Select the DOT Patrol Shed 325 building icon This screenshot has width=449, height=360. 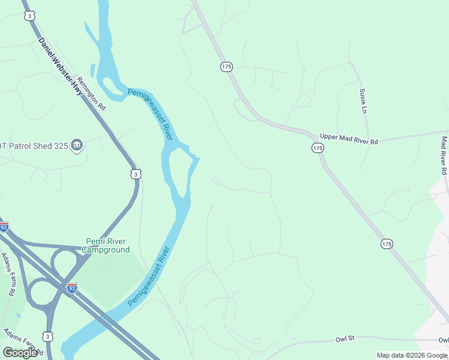point(77,145)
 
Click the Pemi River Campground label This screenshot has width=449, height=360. point(106,245)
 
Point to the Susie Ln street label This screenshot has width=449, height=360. point(363,101)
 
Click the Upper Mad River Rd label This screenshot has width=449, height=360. point(349,139)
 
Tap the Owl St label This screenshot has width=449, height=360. point(345,338)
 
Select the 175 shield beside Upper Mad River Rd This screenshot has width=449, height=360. point(318,148)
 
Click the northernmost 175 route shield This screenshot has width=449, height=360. point(226,67)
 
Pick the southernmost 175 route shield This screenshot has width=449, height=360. point(387,244)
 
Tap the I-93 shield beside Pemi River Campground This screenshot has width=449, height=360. point(72,288)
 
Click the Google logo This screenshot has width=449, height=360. point(20,352)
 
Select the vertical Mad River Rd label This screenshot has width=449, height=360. point(444,155)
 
